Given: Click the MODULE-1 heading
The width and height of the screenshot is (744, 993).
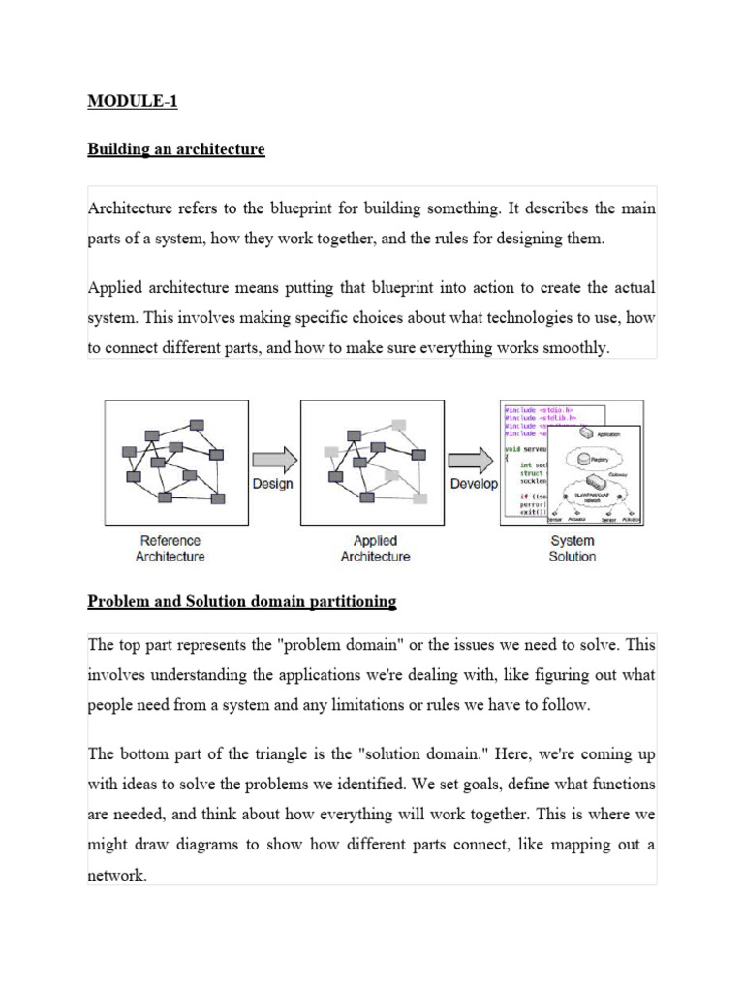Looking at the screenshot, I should [x=133, y=100].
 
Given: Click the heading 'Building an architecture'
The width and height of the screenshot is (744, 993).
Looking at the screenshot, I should [x=175, y=149].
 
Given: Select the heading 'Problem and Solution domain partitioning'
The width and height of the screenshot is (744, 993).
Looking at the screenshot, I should [x=242, y=601].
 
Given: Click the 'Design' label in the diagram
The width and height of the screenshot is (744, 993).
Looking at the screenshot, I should [x=272, y=483].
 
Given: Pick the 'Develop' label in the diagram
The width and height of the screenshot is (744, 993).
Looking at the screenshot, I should [x=474, y=483].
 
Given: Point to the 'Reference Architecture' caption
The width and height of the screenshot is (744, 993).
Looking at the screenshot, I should [x=170, y=549].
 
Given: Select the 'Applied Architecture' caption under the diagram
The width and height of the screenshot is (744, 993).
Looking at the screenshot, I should [x=375, y=549].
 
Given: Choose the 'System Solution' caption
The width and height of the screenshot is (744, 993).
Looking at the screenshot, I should [x=573, y=549].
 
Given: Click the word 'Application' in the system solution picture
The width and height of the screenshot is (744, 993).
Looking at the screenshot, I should [x=608, y=435].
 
